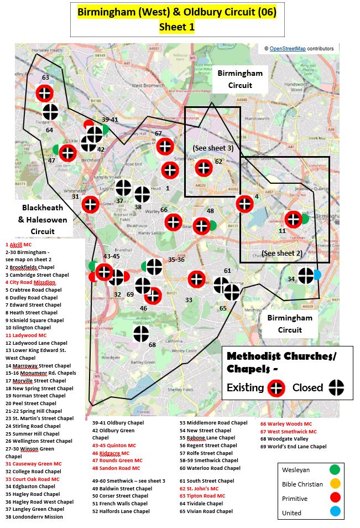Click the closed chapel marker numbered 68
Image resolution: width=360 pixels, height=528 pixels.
pos(141,334)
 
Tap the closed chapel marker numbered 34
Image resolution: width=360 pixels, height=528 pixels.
pos(306,275)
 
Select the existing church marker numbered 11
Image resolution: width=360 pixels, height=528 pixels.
pos(293,220)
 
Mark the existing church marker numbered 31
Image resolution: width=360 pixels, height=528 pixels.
pos(90,204)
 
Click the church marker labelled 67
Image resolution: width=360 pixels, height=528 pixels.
pos(165,146)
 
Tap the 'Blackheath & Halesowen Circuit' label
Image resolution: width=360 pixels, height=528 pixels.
pos(43,219)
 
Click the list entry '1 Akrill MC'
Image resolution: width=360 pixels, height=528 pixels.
pos(19,244)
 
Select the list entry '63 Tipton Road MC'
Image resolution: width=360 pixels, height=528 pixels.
pos(202,496)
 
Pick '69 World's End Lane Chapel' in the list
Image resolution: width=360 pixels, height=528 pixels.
pos(293,447)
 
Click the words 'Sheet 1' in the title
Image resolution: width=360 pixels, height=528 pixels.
pos(177,27)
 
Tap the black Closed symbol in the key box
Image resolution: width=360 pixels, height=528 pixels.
pos(337,387)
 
